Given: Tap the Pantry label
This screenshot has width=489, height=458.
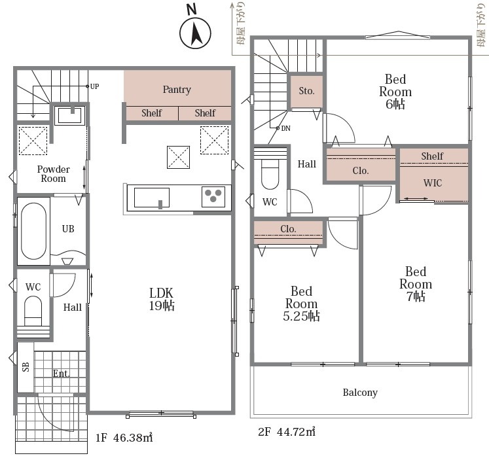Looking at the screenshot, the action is coord(177,90).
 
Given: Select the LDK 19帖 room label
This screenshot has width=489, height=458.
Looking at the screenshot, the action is coord(161,299).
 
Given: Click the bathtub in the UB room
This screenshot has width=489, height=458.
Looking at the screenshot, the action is coord(33,231).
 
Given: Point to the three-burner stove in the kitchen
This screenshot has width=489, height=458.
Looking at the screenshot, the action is coord(213,196).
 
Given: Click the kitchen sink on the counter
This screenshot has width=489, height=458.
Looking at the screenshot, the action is coord(152,198).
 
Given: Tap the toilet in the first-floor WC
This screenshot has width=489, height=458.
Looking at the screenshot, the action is coord(33,311).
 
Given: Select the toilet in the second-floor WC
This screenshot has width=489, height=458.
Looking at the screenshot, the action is coord(270,174).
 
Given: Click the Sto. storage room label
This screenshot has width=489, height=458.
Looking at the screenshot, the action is coord(306,91).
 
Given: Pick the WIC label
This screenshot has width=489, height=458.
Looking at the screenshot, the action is coord(433,183).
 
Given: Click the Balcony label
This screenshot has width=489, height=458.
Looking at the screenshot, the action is coord(360,393).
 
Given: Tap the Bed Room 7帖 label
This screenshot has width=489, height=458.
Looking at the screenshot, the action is coord(416,284).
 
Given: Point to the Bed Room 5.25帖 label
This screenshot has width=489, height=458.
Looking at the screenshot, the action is coord(301,304).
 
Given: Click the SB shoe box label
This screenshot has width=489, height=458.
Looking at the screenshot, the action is coord(26,366).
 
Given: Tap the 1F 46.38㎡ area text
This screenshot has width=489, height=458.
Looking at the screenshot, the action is coord(124,438).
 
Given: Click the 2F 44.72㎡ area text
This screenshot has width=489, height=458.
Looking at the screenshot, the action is coord(287,432).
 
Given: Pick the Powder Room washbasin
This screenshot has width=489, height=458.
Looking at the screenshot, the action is coord(70,115).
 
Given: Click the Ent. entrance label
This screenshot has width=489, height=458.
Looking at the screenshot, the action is coord(61,374).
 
